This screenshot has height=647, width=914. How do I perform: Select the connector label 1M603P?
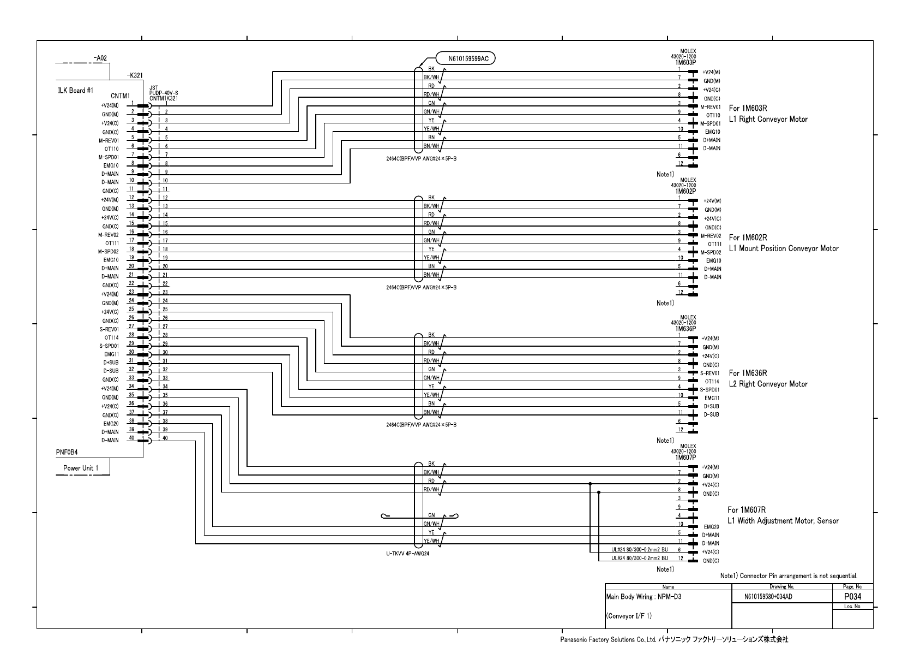pyautogui.click(x=685, y=63)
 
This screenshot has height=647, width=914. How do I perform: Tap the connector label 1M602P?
pyautogui.click(x=685, y=192)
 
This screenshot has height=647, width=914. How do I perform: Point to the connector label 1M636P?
pyautogui.click(x=685, y=329)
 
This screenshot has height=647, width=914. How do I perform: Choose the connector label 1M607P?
pyautogui.click(x=685, y=458)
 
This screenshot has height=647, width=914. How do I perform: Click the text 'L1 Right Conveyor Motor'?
pyautogui.click(x=768, y=120)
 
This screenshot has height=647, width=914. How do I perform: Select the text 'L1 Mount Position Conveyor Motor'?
pyautogui.click(x=784, y=249)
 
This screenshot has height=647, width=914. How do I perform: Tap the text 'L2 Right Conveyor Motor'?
pyautogui.click(x=768, y=384)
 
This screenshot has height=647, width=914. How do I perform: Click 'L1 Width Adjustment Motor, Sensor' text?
pyautogui.click(x=783, y=521)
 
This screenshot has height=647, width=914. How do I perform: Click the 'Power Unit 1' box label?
pyautogui.click(x=81, y=468)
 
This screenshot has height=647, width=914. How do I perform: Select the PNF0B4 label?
pyautogui.click(x=67, y=452)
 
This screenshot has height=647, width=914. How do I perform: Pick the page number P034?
pyautogui.click(x=852, y=597)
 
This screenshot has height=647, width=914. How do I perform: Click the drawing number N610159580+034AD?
pyautogui.click(x=768, y=597)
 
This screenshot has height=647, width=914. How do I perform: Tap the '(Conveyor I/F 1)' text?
pyautogui.click(x=629, y=616)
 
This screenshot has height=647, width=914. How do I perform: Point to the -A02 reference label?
pyautogui.click(x=100, y=57)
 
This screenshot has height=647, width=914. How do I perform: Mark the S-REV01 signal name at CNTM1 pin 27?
pyautogui.click(x=109, y=329)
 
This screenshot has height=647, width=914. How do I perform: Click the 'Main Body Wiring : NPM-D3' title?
pyautogui.click(x=644, y=597)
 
